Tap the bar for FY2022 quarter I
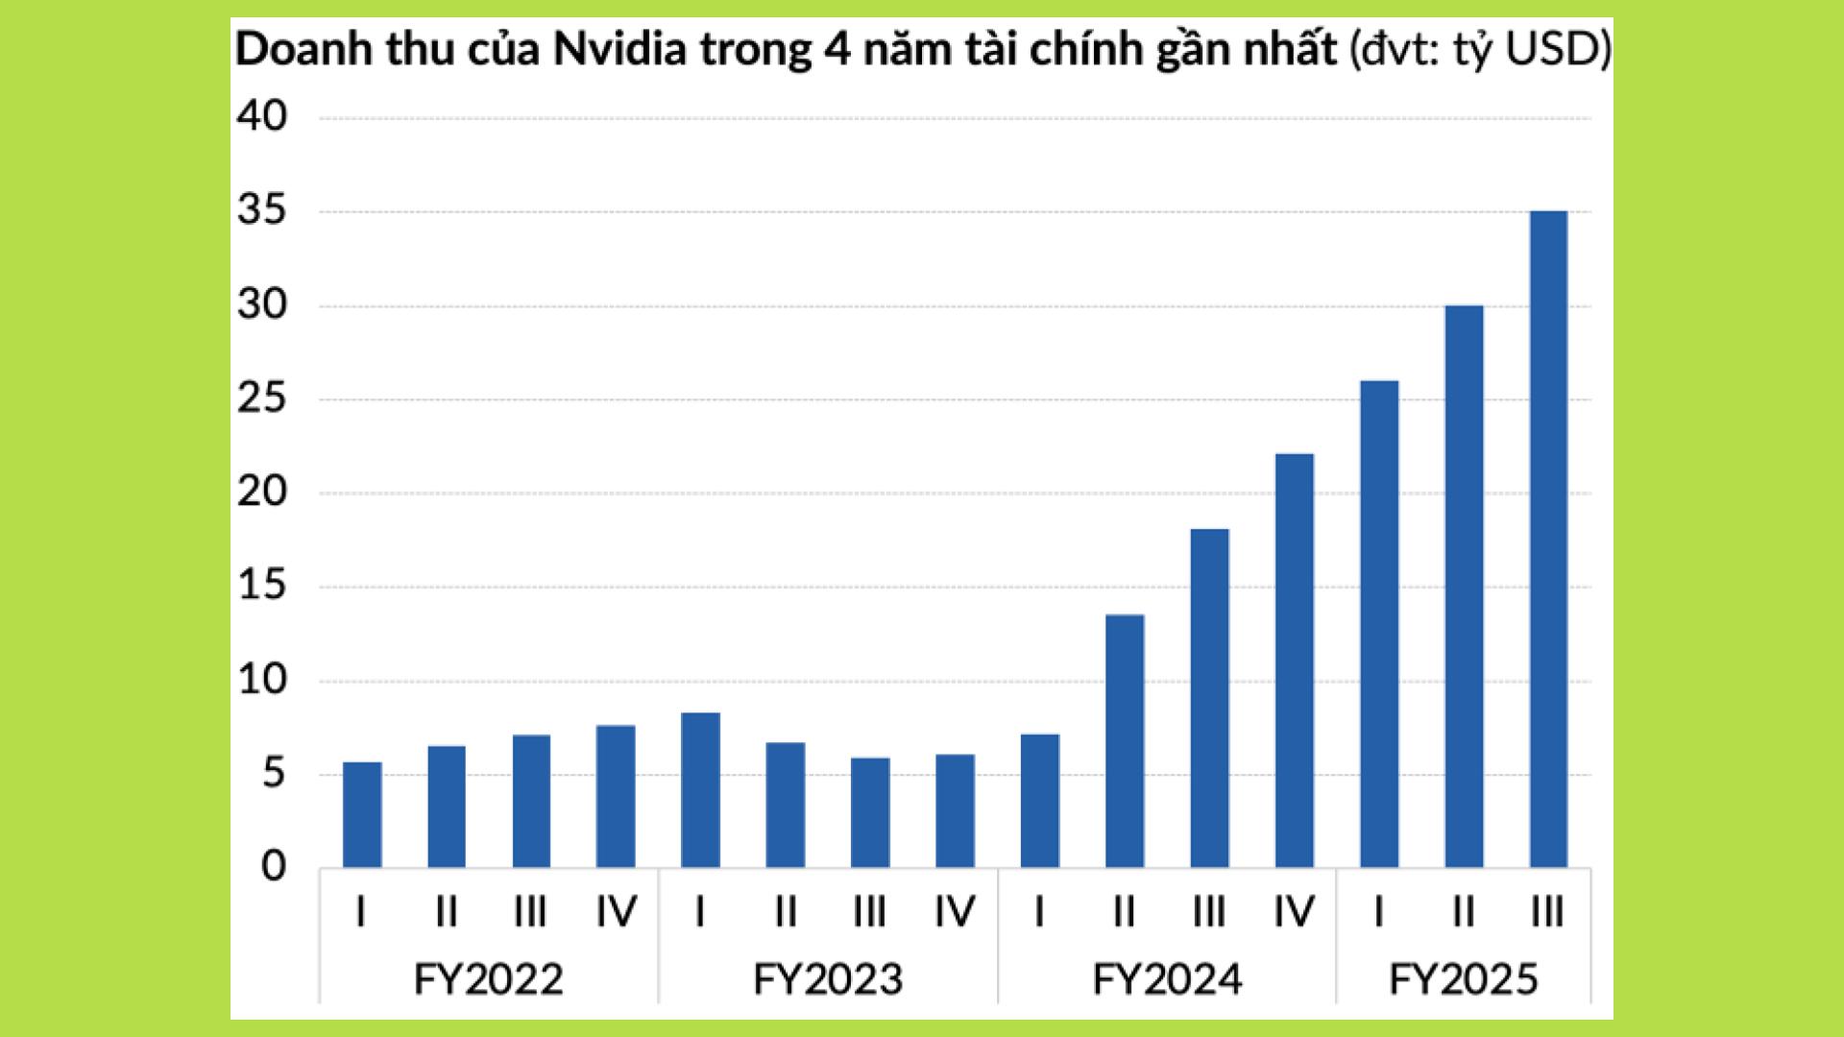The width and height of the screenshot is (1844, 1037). point(362,815)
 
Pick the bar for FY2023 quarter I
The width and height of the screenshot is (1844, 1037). point(700,790)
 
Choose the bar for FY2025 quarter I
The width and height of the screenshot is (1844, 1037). point(1379,624)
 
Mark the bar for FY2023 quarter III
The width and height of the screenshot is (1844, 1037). point(870,813)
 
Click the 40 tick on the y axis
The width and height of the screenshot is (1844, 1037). point(261,117)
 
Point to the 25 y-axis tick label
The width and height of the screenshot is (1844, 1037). point(261,399)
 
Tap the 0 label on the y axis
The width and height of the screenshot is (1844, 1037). point(274,867)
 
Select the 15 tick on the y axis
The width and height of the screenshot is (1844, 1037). point(261,587)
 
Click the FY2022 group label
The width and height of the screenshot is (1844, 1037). point(488,979)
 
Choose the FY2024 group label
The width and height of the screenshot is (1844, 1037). point(1167,979)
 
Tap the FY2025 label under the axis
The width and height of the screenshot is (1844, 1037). point(1463,979)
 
